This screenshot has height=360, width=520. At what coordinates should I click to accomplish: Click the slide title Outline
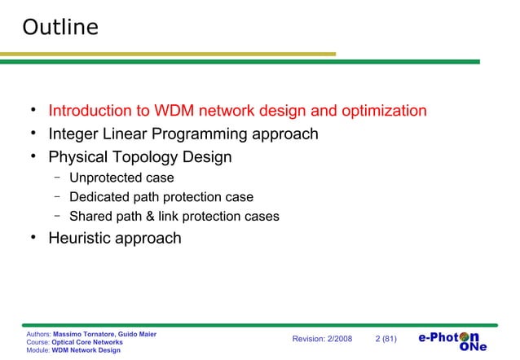click(60, 28)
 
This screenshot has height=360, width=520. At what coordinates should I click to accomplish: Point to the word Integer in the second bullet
click(75, 134)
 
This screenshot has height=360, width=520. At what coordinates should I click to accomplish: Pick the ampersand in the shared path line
click(151, 217)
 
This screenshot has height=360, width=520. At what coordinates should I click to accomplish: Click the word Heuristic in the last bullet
click(83, 239)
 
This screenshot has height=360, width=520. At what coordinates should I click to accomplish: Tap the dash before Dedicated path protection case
click(59, 196)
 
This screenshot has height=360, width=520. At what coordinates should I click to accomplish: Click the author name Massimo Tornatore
click(84, 334)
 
